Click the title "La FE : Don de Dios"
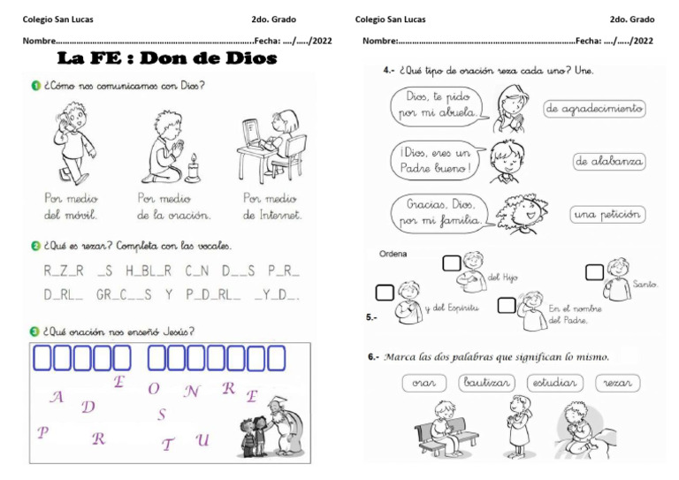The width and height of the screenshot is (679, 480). tap(167, 59)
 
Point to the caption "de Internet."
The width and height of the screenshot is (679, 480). tap(272, 215)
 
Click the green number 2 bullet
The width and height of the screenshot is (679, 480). tap(35, 246)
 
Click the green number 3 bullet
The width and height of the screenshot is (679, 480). tap(35, 331)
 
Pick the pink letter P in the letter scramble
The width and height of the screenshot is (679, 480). tap(42, 432)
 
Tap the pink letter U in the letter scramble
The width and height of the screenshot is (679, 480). tap(202, 440)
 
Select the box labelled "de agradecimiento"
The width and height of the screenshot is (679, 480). tap(594, 109)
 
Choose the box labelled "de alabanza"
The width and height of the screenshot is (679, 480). tap(609, 162)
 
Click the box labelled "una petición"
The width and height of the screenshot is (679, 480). tap(608, 214)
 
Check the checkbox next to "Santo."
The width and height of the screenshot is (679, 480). tap(594, 272)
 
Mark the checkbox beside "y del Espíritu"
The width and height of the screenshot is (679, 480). tap(385, 293)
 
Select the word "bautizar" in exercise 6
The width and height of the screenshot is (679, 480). tap(486, 383)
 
